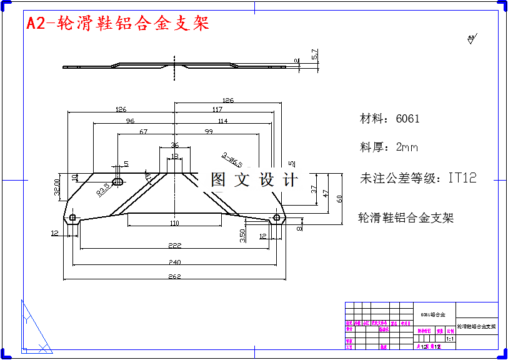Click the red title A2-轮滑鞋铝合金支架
(117, 24)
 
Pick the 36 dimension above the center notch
(174, 144)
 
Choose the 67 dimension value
(144, 132)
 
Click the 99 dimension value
(208, 132)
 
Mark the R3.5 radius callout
(104, 190)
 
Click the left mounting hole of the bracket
(72, 217)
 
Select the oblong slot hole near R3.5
(117, 182)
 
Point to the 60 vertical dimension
(340, 199)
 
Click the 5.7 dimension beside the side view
(315, 54)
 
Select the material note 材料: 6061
(389, 119)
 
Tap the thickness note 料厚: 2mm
(389, 147)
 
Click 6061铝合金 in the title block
(433, 314)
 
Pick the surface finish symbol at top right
(472, 40)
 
